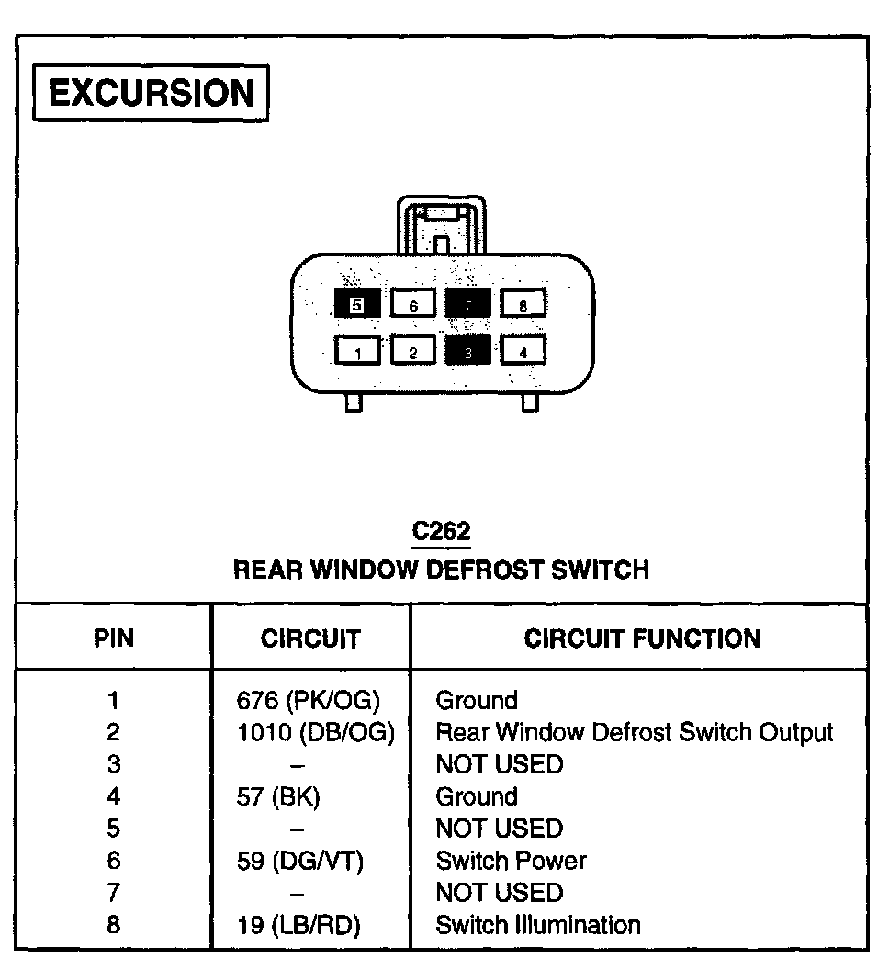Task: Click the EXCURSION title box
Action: pos(151,94)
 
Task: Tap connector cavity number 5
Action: pos(357,304)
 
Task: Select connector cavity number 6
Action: pos(413,304)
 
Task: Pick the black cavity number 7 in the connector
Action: pos(467,304)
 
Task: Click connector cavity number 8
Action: pos(523,304)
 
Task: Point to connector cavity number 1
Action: pos(357,350)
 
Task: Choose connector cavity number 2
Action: pos(413,350)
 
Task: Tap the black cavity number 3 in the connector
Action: pos(467,350)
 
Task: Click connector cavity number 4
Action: pos(523,350)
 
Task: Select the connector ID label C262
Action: pos(441,531)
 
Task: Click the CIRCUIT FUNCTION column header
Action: pos(642,638)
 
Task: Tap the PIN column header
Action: pos(114,638)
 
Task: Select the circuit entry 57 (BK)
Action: pos(278,797)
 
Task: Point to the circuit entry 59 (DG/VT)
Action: pos(300,862)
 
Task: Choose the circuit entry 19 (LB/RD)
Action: pos(298,925)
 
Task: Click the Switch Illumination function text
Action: pos(538,925)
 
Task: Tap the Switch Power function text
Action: pos(511,862)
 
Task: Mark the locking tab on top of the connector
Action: pos(441,225)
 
